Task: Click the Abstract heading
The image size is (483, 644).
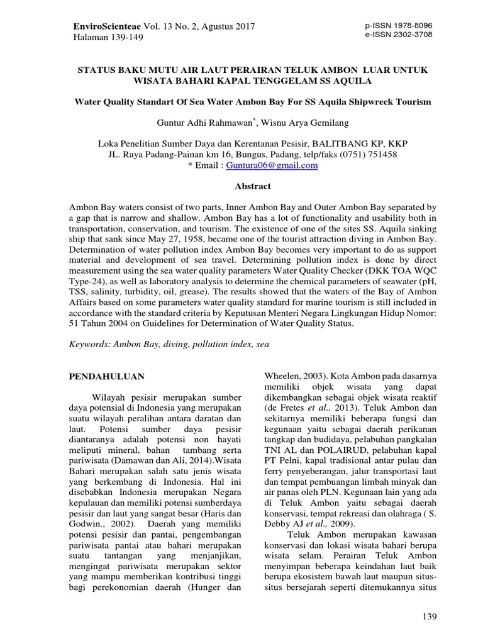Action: (x=241, y=186)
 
